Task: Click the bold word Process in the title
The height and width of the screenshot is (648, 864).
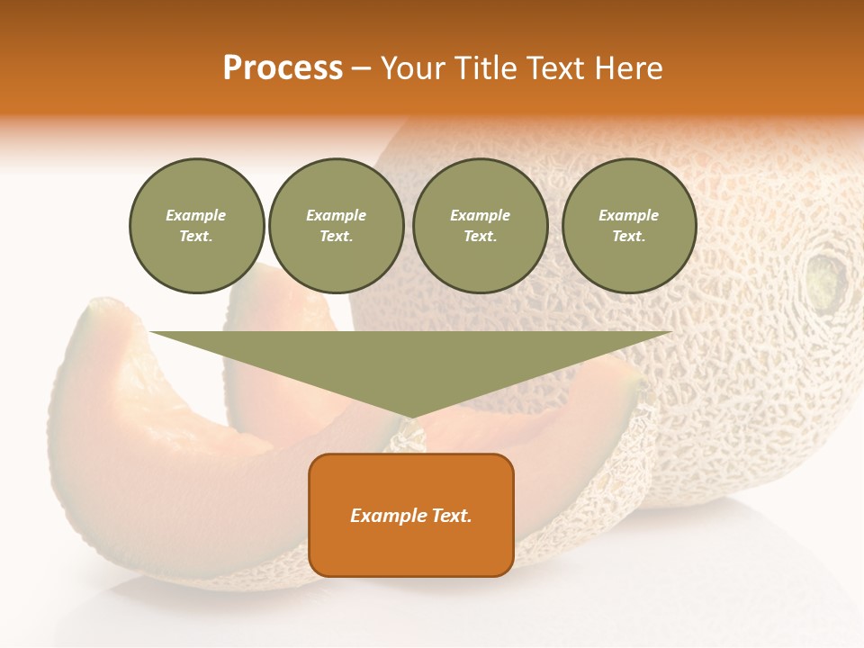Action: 283,68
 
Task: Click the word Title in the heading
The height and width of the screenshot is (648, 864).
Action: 485,68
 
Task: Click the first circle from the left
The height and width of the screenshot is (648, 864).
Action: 196,226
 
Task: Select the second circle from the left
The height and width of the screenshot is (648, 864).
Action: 336,226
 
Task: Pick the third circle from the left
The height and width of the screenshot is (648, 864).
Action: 480,226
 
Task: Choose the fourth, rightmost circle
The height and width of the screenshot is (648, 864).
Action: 628,226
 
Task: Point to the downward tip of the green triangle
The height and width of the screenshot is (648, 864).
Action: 410,416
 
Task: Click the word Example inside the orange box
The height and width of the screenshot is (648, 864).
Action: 387,516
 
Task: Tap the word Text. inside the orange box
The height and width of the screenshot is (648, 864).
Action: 451,516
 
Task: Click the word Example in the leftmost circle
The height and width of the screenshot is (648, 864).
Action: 196,215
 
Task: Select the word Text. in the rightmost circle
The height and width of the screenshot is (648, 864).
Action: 628,237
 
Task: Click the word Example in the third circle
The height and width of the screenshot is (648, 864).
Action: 480,215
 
